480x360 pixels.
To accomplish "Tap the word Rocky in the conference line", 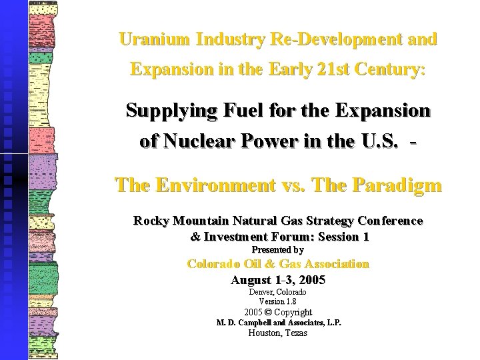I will point(151,221).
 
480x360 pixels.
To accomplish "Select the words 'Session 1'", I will point(344,237).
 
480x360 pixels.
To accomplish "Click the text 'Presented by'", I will point(277,250).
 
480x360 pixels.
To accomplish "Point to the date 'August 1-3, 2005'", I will point(278,280).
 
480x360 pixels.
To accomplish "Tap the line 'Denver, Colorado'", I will point(278,292).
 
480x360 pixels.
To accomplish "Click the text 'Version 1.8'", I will point(278,301).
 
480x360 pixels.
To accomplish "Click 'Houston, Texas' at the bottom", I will point(278,333).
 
